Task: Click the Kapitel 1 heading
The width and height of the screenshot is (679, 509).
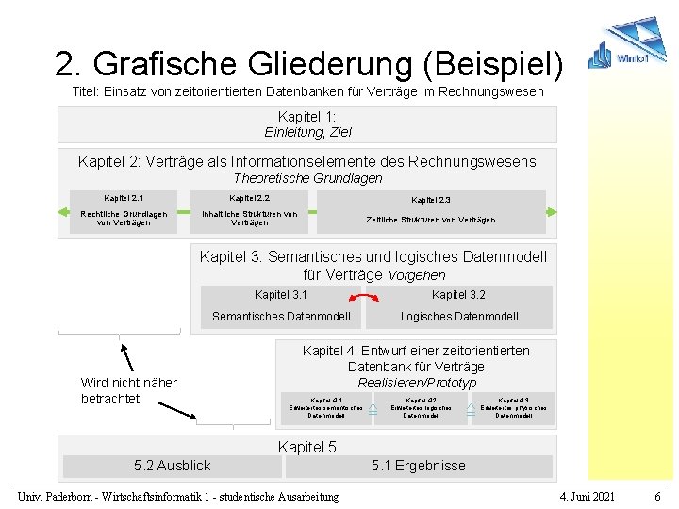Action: [x=307, y=116]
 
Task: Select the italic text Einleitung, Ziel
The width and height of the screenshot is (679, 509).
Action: [x=307, y=132]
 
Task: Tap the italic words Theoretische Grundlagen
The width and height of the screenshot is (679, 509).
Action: [x=307, y=178]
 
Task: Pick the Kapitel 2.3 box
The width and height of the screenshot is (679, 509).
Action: [x=431, y=212]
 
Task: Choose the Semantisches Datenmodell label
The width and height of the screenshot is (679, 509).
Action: [x=281, y=317]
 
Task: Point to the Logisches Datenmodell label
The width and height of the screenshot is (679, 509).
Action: [x=459, y=317]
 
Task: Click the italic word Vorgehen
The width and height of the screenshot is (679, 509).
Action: [x=417, y=275]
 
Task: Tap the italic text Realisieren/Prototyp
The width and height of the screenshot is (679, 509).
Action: [x=417, y=383]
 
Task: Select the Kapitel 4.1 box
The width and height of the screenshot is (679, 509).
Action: [x=326, y=407]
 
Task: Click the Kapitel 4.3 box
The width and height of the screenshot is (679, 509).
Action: [x=513, y=407]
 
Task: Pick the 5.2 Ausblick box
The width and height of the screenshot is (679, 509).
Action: [x=173, y=466]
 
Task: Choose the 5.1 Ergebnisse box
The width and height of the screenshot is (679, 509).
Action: [x=418, y=466]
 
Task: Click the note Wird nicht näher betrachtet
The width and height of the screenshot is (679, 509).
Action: [x=129, y=390]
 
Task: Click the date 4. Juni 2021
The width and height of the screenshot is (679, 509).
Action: [x=587, y=496]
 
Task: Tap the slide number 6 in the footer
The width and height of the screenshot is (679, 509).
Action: [x=657, y=496]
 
